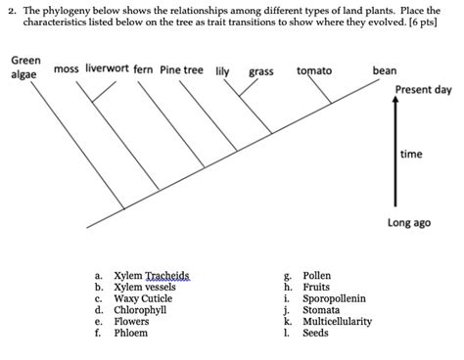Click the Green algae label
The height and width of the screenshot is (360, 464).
coord(25,67)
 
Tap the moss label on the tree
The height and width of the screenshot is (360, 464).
coord(67,69)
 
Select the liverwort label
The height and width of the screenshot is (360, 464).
coord(107,69)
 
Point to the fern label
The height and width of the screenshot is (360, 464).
coord(143,70)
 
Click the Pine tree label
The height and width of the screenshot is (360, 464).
coord(181,70)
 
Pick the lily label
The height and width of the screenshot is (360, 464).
coord(222,70)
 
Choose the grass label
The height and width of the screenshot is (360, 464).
coord(261,71)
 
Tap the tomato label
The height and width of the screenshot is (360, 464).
coord(314,70)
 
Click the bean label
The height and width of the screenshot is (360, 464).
coord(385,70)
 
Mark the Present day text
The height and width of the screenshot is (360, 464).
coord(423,89)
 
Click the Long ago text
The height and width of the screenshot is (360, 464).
coord(408,223)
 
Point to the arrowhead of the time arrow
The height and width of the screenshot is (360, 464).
coord(395,107)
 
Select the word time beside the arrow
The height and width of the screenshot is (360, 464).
coord(411,156)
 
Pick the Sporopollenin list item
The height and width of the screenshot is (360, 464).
coord(334,298)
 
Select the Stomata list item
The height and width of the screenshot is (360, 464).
coord(321,310)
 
